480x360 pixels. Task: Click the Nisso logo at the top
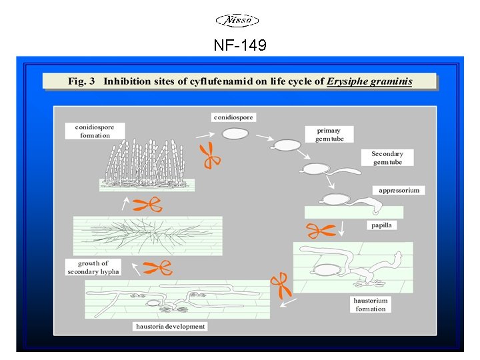point(239,21)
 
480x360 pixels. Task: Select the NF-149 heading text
point(240,45)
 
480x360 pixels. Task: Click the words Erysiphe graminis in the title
point(369,81)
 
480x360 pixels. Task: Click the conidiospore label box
point(234,117)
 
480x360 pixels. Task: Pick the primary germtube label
point(329,134)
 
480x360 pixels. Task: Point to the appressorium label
point(399,191)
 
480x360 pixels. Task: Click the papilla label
point(382,225)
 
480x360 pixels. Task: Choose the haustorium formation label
point(370,305)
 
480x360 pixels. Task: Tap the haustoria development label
point(171,327)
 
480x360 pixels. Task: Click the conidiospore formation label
point(95,131)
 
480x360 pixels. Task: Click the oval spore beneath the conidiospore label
point(235,134)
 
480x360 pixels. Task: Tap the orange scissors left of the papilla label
point(320,231)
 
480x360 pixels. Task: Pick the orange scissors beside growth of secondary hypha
point(157,268)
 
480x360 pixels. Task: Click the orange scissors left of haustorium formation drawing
point(281,285)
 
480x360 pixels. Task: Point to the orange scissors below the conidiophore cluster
point(147,205)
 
